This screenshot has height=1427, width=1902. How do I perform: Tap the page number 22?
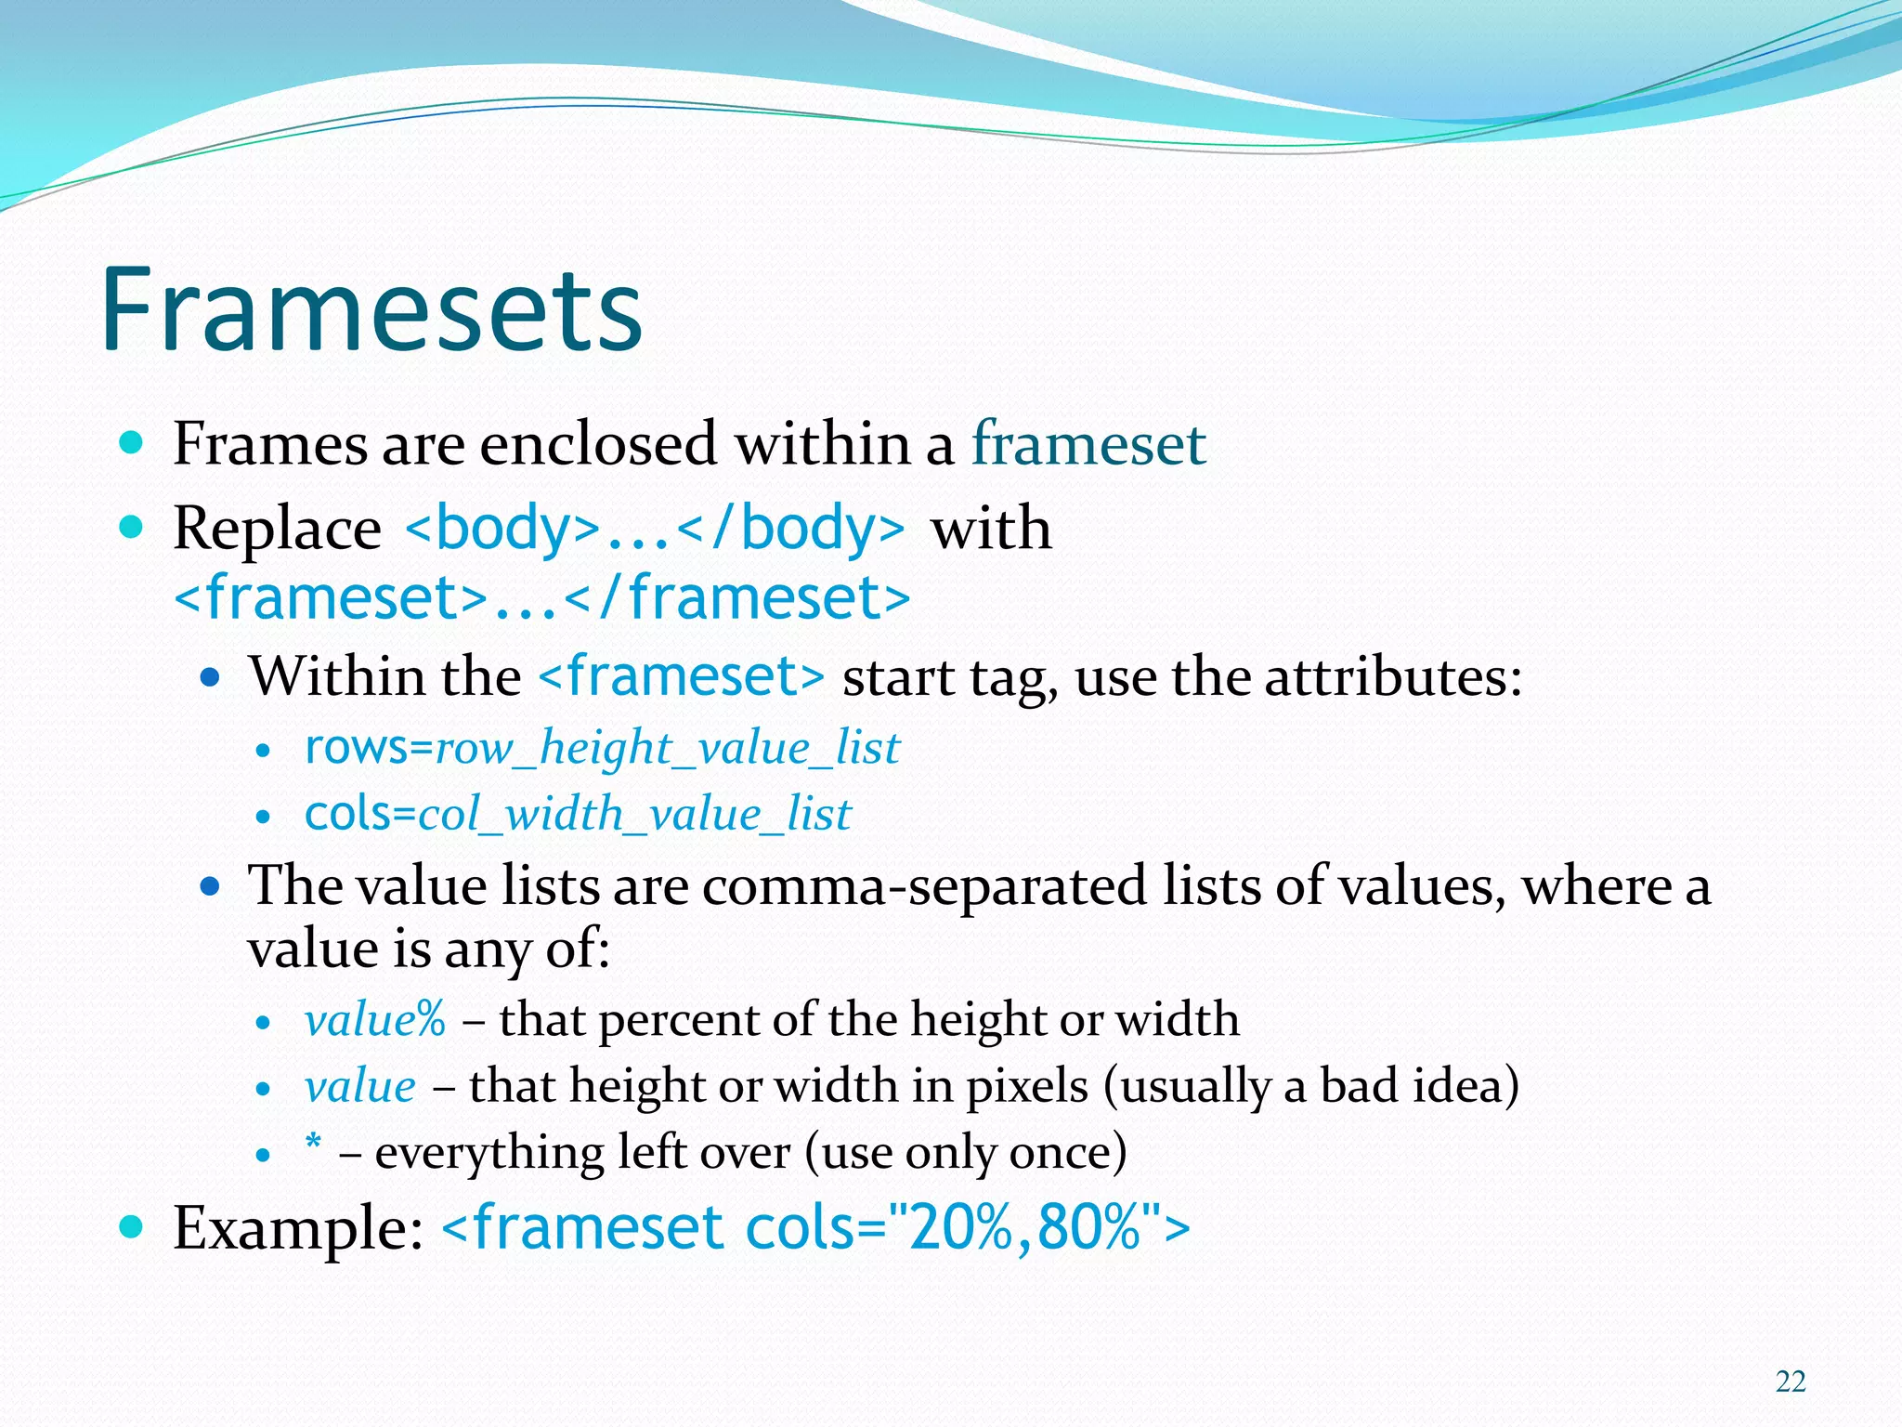point(1790,1381)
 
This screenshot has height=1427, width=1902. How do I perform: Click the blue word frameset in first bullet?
point(1088,443)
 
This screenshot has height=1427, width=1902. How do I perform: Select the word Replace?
point(277,530)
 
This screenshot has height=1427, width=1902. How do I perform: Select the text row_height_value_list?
point(668,748)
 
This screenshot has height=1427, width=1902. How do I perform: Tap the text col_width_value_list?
point(634,815)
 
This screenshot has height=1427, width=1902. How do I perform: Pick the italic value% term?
point(375,1020)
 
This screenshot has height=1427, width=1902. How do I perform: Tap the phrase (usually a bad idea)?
point(1310,1086)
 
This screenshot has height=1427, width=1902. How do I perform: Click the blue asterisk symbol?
point(314,1143)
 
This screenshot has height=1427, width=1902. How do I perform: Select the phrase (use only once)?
point(965,1153)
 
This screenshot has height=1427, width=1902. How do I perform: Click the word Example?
point(298,1228)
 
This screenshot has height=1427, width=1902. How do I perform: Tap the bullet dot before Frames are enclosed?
point(132,442)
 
